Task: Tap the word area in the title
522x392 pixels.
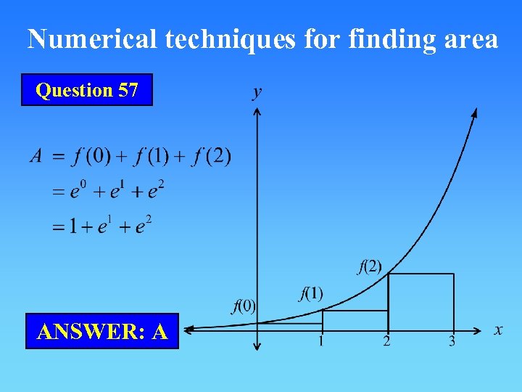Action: [x=470, y=39]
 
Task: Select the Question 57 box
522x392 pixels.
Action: [x=87, y=90]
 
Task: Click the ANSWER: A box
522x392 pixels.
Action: [x=102, y=332]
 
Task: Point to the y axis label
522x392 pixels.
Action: [x=257, y=92]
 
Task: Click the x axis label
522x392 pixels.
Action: [x=498, y=330]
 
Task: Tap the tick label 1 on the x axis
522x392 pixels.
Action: [x=320, y=341]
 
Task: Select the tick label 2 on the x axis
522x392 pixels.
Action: [x=386, y=341]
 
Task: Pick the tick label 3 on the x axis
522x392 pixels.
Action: [x=452, y=341]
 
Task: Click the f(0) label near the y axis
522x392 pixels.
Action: [x=244, y=305]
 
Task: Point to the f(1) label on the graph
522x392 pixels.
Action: [x=310, y=293]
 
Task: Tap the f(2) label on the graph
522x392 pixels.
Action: [x=370, y=266]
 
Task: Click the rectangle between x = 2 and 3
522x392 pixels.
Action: [x=420, y=302]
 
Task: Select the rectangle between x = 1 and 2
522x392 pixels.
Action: [x=355, y=320]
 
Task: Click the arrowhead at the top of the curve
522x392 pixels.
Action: [x=474, y=113]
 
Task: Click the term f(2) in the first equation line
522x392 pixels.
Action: [x=212, y=156]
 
